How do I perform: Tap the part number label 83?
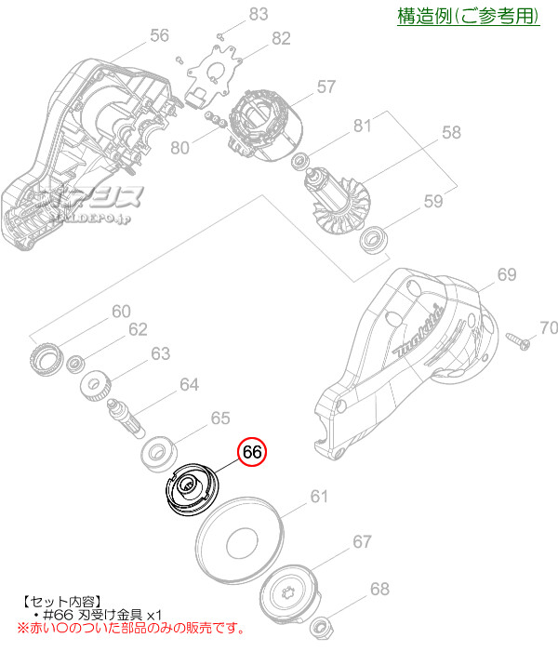coord(258,13)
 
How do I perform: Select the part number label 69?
coord(506,274)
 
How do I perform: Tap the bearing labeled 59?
coord(374,239)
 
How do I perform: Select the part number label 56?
coord(159,34)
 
